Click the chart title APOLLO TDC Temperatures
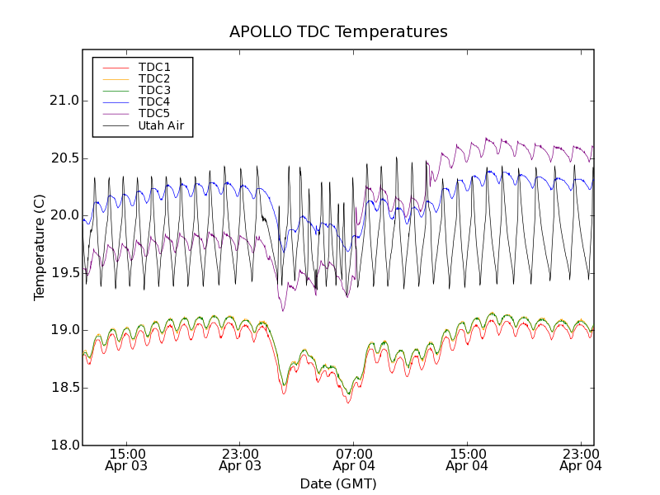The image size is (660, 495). (338, 32)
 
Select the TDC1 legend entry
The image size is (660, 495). (154, 67)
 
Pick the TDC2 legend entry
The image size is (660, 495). (154, 78)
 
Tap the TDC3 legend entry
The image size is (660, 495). (154, 90)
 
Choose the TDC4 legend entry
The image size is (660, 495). (154, 102)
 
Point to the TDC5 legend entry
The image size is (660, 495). (154, 114)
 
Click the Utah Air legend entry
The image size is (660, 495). (160, 126)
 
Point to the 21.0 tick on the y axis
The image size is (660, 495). (64, 101)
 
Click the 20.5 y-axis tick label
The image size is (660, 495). (64, 158)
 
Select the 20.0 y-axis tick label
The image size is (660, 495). (64, 215)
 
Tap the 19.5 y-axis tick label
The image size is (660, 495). (64, 273)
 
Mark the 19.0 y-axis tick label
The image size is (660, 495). (64, 330)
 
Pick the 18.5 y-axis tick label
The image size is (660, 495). (64, 388)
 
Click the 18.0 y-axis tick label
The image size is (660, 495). (64, 445)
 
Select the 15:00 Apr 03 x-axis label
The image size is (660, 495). (126, 460)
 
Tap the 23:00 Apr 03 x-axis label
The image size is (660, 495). (240, 460)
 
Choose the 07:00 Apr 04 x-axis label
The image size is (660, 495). (354, 460)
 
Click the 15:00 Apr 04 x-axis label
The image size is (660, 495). (467, 460)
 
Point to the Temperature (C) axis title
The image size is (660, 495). (40, 247)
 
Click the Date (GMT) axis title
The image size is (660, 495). (338, 483)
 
